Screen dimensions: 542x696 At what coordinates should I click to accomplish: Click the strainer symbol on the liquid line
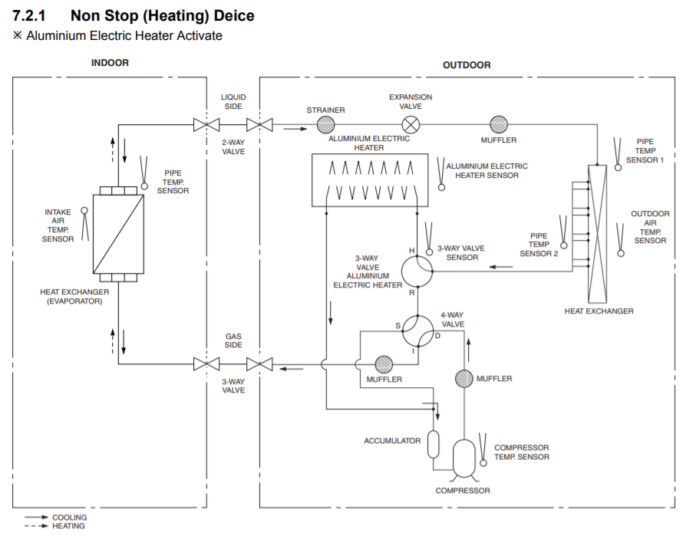[x=325, y=124]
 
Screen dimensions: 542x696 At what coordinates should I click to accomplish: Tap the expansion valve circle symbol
[x=412, y=124]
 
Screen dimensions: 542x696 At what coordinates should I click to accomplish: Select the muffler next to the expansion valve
[x=499, y=124]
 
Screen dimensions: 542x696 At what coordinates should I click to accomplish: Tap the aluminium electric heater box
[x=370, y=179]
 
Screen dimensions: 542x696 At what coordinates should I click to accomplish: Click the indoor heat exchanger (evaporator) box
[x=118, y=234]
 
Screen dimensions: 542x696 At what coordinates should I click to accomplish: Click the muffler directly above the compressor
[x=464, y=378]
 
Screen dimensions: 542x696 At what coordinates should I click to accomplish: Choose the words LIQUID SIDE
[x=233, y=101]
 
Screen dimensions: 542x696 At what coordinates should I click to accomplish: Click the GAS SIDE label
[x=233, y=340]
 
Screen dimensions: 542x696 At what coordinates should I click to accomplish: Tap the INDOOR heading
[x=110, y=63]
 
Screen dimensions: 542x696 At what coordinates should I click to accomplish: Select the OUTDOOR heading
[x=467, y=65]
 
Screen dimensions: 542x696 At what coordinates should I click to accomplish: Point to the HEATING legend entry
[x=68, y=526]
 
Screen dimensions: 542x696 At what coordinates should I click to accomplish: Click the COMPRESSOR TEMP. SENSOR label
[x=522, y=452]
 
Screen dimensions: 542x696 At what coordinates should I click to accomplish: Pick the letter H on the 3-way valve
[x=411, y=251]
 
